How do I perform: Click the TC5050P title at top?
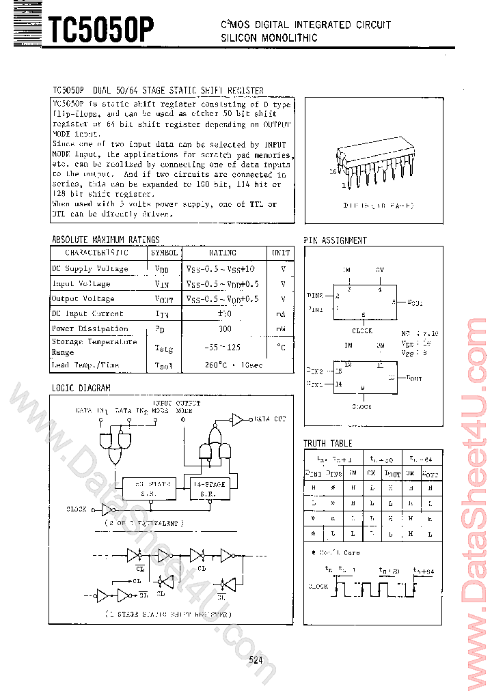point(100,31)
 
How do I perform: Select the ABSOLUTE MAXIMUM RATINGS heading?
point(106,240)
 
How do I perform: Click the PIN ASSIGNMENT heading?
point(335,240)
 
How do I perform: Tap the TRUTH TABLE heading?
point(328,443)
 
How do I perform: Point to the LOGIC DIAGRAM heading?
point(81,388)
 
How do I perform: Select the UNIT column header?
point(281,253)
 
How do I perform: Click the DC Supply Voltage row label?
point(90,268)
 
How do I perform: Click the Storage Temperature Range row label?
point(94,347)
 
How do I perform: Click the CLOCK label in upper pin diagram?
point(362,331)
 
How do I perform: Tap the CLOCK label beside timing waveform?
point(318,586)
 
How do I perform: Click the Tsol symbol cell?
point(165,365)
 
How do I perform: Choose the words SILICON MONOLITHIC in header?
point(269,38)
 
